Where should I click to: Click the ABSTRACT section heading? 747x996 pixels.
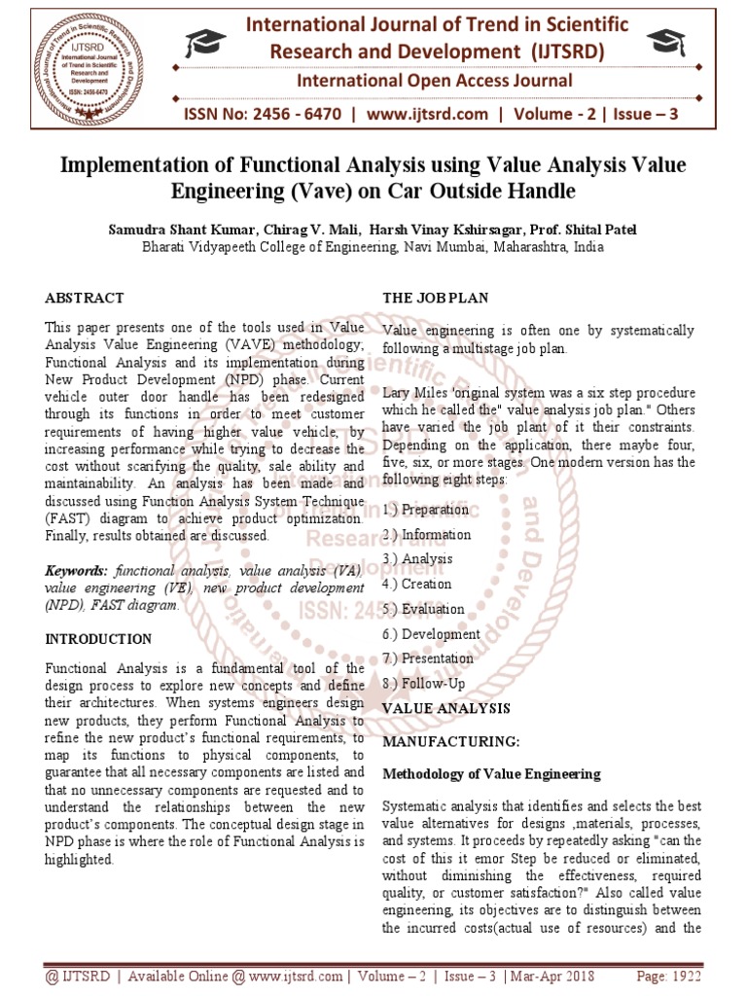coord(85,298)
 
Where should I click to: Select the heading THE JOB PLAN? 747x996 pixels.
coord(436,298)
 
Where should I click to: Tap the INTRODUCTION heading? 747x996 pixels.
coord(99,639)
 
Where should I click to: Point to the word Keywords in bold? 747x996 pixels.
coord(78,572)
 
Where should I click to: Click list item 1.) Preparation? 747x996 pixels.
coord(426,510)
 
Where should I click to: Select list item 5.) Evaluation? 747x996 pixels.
coord(424,609)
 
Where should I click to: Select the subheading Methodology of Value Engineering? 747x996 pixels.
coord(492,774)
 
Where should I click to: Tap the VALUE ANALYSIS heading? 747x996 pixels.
coord(446,707)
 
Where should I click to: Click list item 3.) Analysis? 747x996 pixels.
coord(418,559)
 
